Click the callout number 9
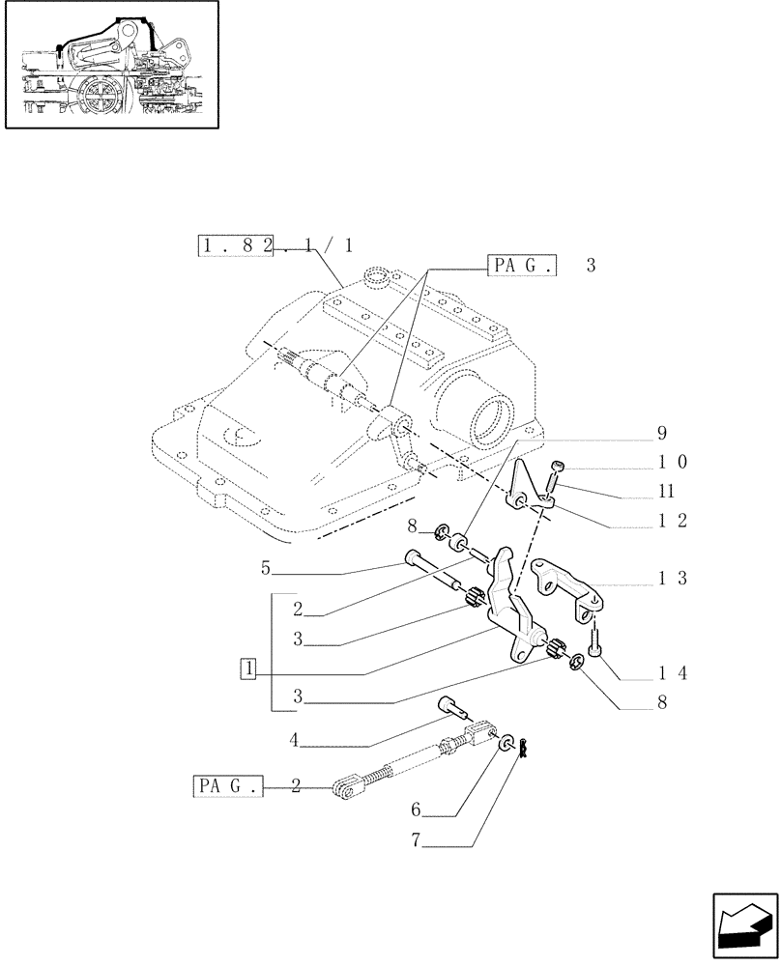pos(661,433)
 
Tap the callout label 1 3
pos(671,579)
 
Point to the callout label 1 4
pos(671,672)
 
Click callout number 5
pos(266,570)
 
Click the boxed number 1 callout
pos(249,668)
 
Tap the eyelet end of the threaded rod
pos(344,791)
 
